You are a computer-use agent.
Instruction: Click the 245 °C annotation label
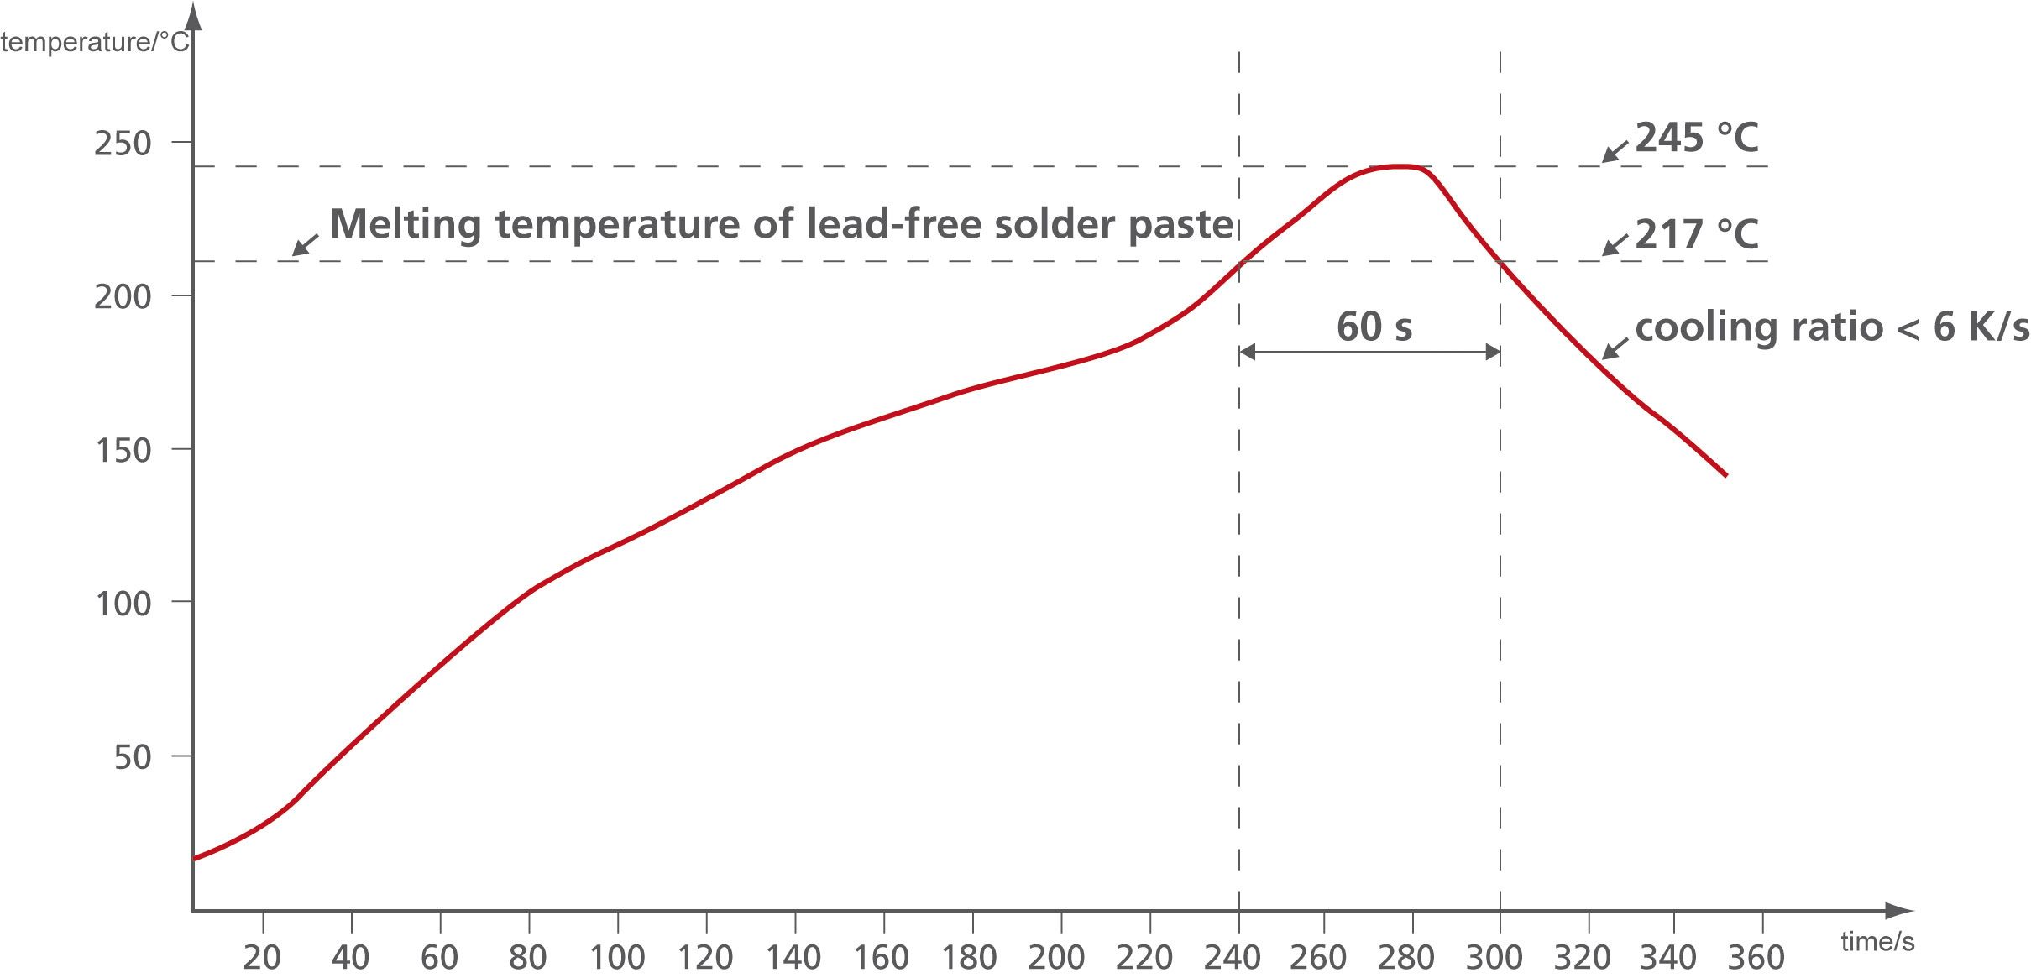tap(1696, 138)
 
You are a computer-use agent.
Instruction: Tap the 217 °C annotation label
tap(1696, 234)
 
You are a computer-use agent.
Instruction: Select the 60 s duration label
tap(1374, 327)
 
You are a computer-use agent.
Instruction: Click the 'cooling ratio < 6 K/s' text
tap(1831, 327)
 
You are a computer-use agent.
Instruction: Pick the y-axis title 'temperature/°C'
tap(95, 42)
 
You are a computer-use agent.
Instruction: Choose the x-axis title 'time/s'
tap(1877, 941)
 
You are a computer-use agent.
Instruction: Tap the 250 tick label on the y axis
tap(123, 144)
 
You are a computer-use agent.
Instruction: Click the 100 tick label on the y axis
tap(123, 604)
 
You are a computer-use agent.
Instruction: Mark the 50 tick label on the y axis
tap(133, 757)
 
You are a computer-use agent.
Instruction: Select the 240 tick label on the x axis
tap(1232, 958)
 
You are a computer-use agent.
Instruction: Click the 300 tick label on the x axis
tap(1494, 958)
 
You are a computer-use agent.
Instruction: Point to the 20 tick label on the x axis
tap(262, 958)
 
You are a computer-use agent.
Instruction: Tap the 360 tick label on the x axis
tap(1756, 958)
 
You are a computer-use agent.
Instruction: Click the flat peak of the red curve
tap(1398, 167)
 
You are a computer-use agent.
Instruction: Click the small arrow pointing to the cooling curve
tap(1614, 349)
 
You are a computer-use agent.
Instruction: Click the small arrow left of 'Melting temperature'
tap(305, 244)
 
